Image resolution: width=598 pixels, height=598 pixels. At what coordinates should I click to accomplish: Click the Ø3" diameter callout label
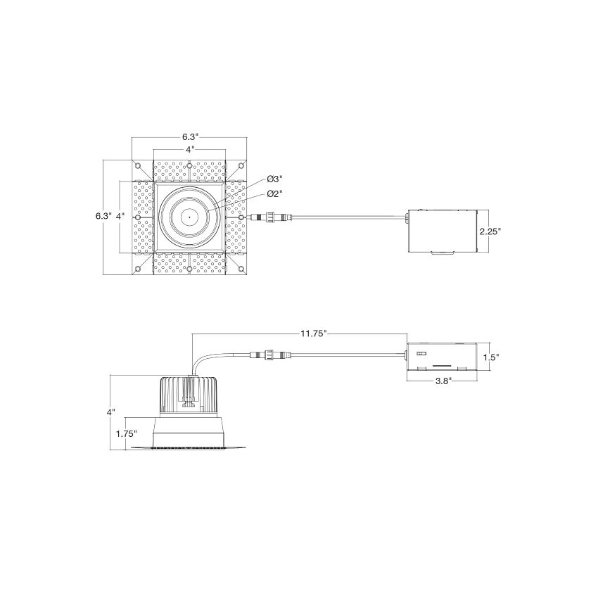click(274, 179)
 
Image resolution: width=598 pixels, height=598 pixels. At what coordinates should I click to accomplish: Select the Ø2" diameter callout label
click(274, 193)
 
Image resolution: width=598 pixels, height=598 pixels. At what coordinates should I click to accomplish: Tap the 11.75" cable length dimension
click(314, 333)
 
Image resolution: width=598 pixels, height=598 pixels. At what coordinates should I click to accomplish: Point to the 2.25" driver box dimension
click(490, 231)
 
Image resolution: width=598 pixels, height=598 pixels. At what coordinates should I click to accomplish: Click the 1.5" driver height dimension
click(491, 357)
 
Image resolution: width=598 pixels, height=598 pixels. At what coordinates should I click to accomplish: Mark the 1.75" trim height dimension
click(127, 433)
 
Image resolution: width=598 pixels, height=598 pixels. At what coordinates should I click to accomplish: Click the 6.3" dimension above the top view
click(190, 137)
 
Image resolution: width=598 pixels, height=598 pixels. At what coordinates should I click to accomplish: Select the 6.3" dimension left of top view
click(103, 216)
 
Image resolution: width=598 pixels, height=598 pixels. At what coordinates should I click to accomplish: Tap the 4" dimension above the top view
click(190, 149)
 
